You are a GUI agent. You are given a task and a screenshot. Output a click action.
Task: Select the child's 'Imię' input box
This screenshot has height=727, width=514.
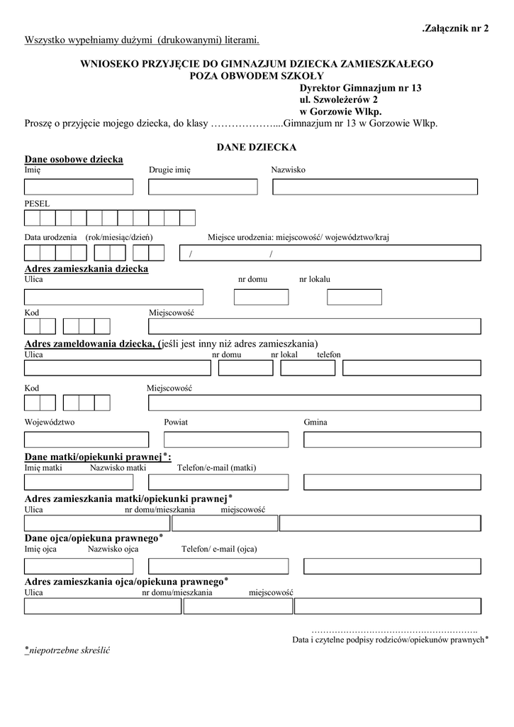(x=79, y=187)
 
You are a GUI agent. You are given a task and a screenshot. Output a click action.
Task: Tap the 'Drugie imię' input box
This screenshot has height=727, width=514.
(x=203, y=187)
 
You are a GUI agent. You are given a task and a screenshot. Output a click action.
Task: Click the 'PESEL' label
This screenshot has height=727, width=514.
(x=37, y=203)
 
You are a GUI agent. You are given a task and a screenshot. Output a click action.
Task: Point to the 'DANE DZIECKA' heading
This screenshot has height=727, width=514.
(x=256, y=147)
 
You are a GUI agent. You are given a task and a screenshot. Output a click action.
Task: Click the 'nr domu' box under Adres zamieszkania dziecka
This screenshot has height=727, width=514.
(x=256, y=297)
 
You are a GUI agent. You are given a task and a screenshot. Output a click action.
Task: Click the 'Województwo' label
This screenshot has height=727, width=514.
(x=50, y=422)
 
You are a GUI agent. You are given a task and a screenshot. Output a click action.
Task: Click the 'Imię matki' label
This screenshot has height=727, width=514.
(x=43, y=468)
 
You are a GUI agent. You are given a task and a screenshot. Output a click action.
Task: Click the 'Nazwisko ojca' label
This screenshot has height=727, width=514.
(x=113, y=549)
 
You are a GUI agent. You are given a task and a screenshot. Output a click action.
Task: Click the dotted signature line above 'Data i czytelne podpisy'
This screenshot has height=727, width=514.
(x=394, y=630)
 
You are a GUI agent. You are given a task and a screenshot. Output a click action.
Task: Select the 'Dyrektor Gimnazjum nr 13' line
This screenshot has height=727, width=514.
(x=360, y=88)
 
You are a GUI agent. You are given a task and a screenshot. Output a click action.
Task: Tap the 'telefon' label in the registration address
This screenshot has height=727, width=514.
(x=329, y=354)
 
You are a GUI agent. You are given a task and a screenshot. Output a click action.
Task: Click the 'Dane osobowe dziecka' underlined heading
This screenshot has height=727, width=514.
(x=74, y=159)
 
